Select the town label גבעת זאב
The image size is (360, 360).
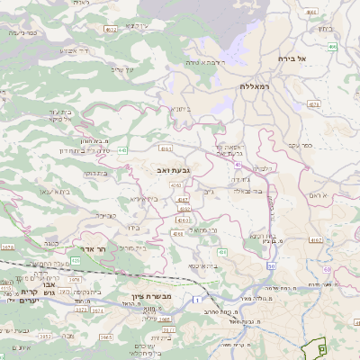[159, 168]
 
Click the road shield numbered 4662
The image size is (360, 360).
[111, 30]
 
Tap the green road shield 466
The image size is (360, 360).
[332, 46]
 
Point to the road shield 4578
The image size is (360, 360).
[314, 104]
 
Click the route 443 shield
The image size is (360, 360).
[122, 150]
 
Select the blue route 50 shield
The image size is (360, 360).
[271, 265]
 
